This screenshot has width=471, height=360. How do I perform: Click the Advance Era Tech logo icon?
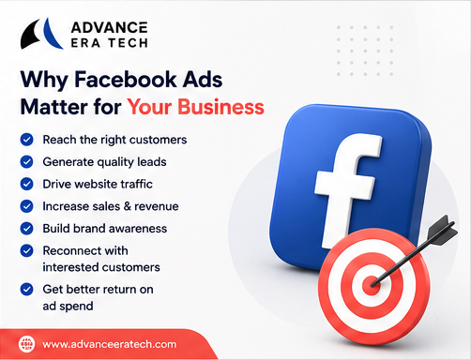pyautogui.click(x=41, y=34)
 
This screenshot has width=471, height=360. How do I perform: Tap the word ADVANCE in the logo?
pyautogui.click(x=109, y=27)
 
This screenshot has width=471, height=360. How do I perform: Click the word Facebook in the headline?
pyautogui.click(x=126, y=79)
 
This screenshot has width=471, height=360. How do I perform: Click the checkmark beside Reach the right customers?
pyautogui.click(x=27, y=140)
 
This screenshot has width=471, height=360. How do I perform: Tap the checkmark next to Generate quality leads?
pyautogui.click(x=27, y=162)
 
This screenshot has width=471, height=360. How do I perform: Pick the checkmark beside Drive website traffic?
pyautogui.click(x=27, y=184)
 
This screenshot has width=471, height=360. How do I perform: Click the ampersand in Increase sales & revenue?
pyautogui.click(x=128, y=206)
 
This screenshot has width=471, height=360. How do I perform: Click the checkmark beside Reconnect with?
pyautogui.click(x=27, y=250)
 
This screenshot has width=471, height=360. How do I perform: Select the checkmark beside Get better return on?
pyautogui.click(x=27, y=290)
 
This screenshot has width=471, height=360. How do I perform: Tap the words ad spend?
pyautogui.click(x=68, y=307)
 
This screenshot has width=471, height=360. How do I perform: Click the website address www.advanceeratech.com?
pyautogui.click(x=110, y=344)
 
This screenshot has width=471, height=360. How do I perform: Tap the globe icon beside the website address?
pyautogui.click(x=26, y=344)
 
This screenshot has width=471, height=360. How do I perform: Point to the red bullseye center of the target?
pyautogui.click(x=372, y=285)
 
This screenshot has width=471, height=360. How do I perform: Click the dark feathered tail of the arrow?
pyautogui.click(x=443, y=229)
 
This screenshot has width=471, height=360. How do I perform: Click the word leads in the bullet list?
pyautogui.click(x=153, y=162)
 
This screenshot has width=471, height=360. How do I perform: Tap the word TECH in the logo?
pyautogui.click(x=128, y=43)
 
